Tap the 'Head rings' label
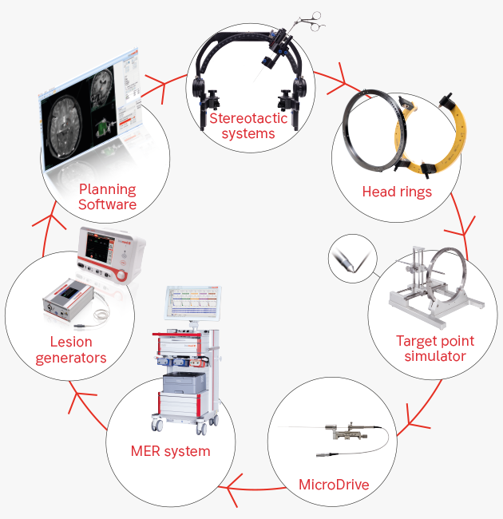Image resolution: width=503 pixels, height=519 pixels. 397,192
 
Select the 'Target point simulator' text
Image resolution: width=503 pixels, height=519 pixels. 434,348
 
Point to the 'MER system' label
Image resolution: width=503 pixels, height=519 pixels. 170,451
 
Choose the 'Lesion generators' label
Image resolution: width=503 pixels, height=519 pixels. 70,350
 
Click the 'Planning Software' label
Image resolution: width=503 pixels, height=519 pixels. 107,197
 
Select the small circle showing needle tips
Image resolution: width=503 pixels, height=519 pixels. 350,257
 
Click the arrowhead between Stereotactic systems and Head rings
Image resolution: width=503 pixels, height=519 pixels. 345,82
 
